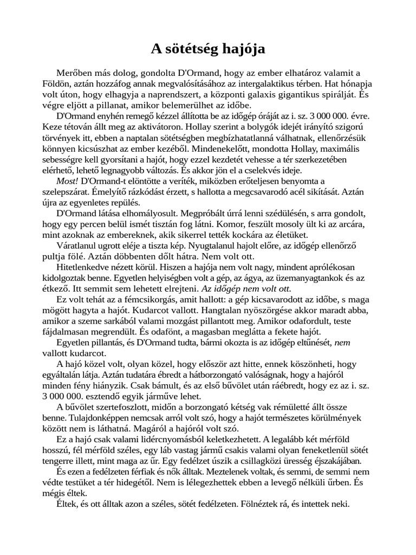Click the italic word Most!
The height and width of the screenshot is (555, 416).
(x=67, y=180)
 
